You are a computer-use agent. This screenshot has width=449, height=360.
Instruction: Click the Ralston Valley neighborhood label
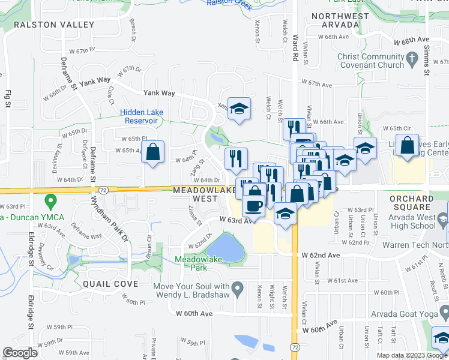pyautogui.click(x=54, y=25)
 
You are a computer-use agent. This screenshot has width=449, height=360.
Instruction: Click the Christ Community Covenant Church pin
pyautogui.click(x=412, y=59)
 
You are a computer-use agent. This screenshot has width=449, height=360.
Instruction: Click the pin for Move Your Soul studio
pyautogui.click(x=238, y=289)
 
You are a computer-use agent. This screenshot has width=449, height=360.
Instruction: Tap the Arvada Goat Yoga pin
pyautogui.click(x=444, y=312)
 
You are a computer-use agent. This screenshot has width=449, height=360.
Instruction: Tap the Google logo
pyautogui.click(x=21, y=353)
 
